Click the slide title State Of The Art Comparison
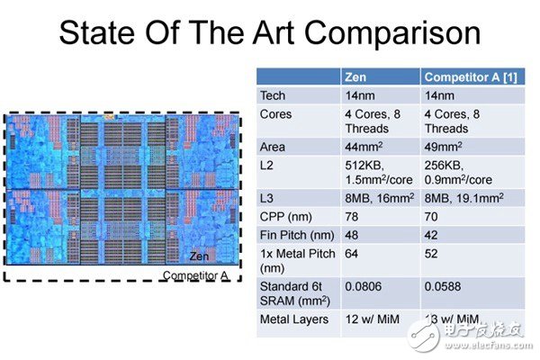(x=269, y=33)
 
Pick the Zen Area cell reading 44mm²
(x=364, y=146)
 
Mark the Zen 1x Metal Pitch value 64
(x=353, y=254)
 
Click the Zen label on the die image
(x=200, y=256)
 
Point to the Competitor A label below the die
(x=195, y=274)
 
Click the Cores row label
(x=275, y=114)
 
